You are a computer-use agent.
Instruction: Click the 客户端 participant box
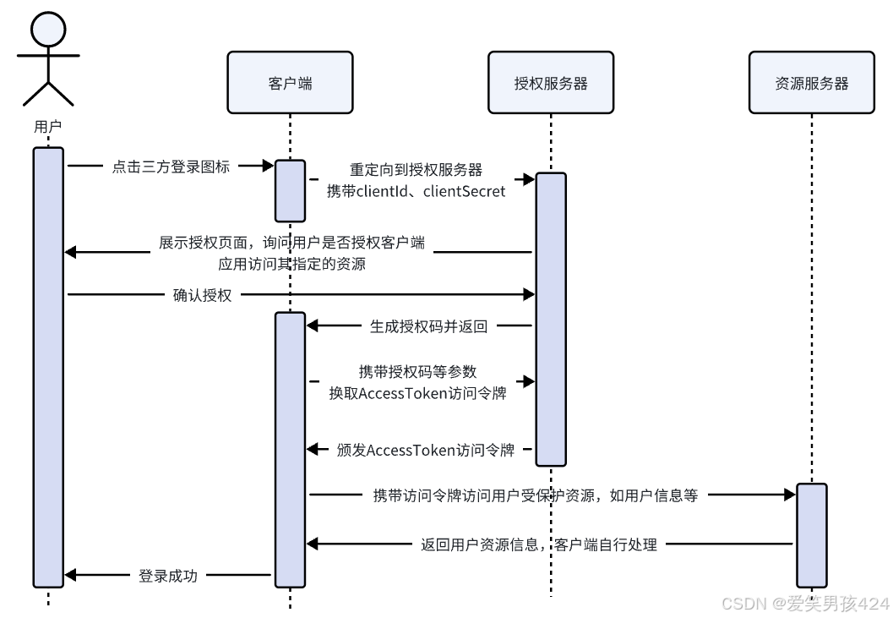(x=290, y=83)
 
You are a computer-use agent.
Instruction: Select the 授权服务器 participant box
(x=551, y=83)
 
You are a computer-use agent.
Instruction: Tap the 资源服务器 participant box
(x=811, y=83)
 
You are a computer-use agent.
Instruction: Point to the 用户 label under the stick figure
(x=48, y=127)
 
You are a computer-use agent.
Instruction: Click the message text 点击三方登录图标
(x=171, y=167)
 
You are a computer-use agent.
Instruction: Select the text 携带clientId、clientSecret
(x=417, y=192)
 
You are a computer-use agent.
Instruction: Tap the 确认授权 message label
(x=202, y=294)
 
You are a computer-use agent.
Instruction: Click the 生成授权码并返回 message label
(x=428, y=325)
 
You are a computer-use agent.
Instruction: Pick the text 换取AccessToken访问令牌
(x=417, y=393)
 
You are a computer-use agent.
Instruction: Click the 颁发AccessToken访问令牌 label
(x=425, y=450)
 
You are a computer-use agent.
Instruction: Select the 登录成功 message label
(x=167, y=576)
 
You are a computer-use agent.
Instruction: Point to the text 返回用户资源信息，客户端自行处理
(x=539, y=544)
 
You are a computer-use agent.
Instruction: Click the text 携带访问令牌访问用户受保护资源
(x=484, y=496)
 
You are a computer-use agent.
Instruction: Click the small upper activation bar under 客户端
(x=290, y=189)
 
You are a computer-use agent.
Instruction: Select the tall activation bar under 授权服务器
(x=551, y=319)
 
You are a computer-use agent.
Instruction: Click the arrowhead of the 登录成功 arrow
(x=70, y=576)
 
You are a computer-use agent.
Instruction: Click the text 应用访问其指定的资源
(x=291, y=264)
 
